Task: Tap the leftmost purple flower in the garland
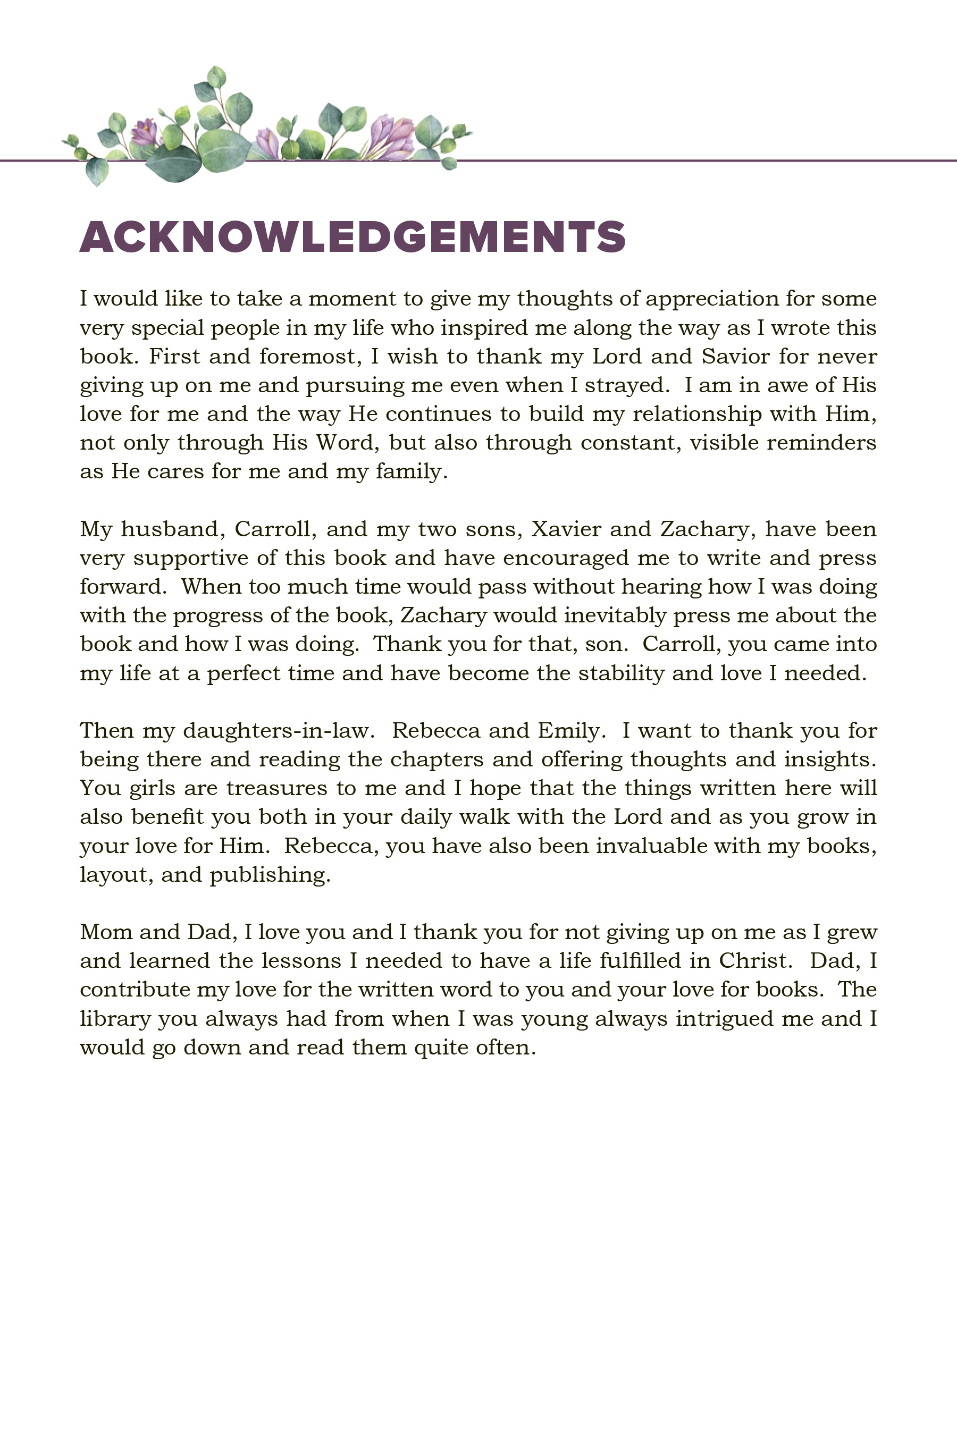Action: click(x=145, y=132)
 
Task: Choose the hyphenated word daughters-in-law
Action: click(x=276, y=730)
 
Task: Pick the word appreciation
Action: click(x=712, y=299)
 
